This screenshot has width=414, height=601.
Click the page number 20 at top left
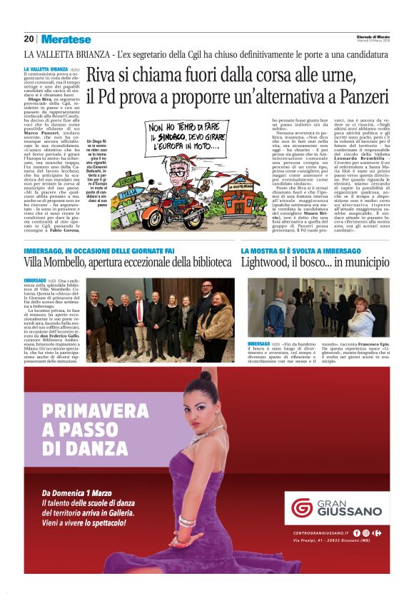(x=29, y=39)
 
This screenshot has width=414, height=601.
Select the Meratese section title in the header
(x=66, y=39)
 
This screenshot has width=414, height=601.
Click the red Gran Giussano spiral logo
(x=302, y=507)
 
